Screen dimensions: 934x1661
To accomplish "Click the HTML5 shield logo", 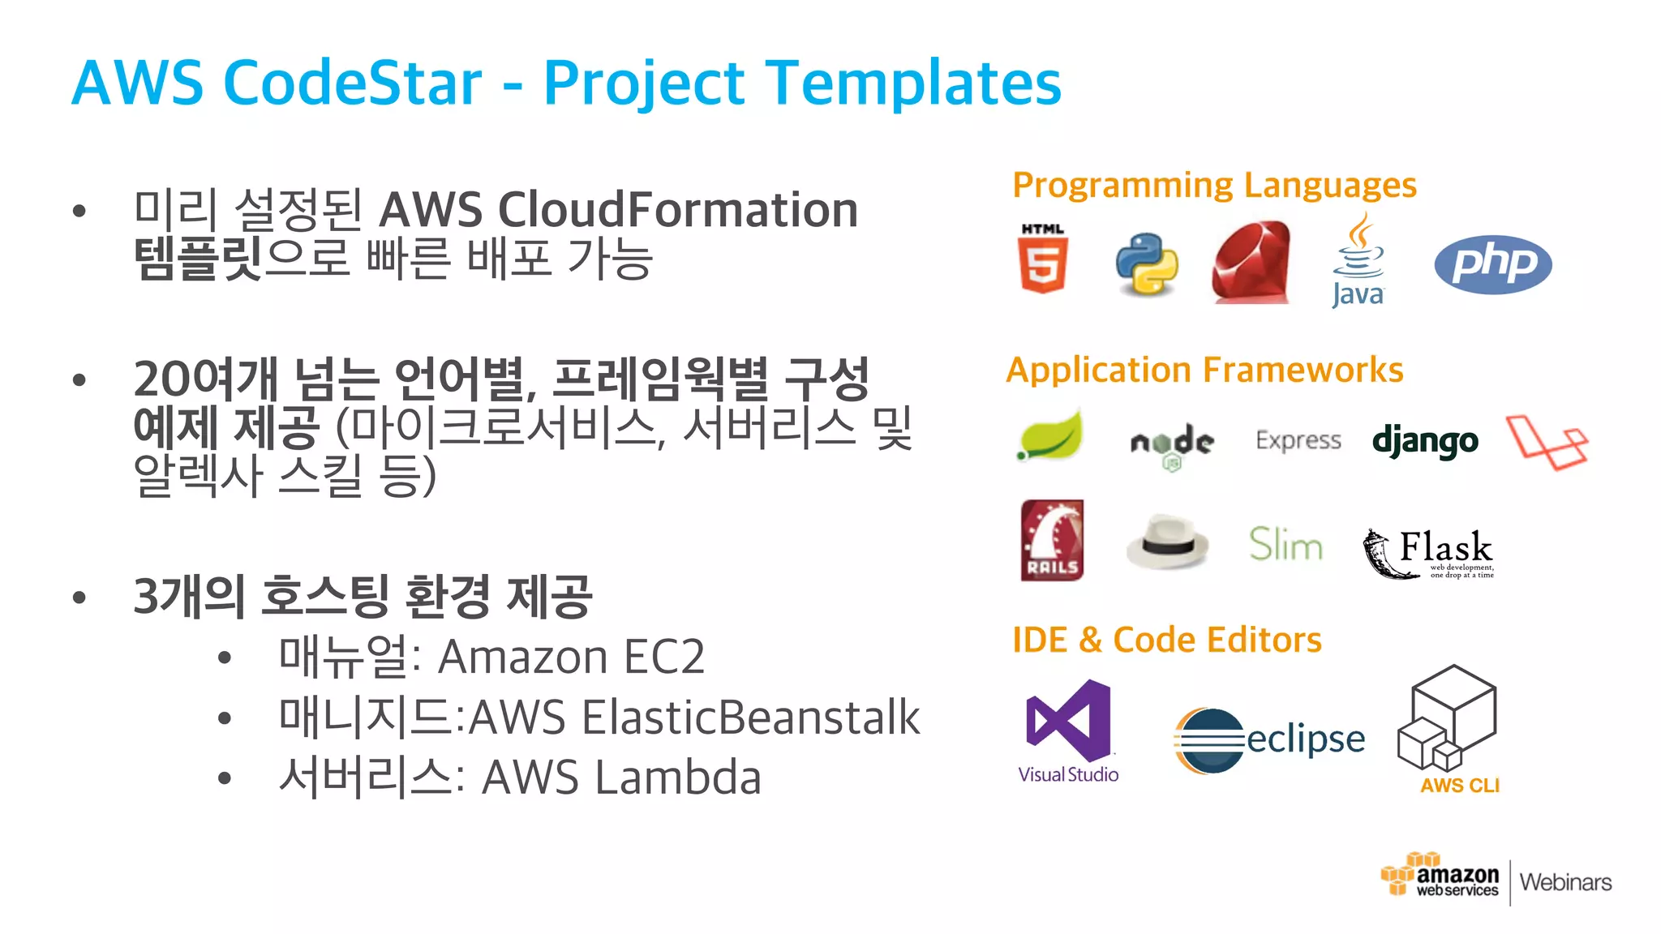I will [1042, 259].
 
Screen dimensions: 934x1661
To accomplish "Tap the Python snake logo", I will [1147, 264].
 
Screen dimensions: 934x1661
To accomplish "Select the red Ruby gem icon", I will [1251, 263].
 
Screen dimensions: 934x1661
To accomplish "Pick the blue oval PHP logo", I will [1492, 264].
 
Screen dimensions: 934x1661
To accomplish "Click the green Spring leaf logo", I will [1051, 436].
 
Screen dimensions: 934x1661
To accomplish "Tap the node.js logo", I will [1172, 444].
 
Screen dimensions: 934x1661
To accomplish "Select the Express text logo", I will [1298, 440].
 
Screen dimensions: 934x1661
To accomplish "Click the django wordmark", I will [1425, 442].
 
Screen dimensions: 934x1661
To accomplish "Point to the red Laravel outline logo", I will [1547, 443].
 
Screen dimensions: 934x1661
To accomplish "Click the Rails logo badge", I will [1052, 540].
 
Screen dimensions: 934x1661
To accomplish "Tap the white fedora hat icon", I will [1167, 542].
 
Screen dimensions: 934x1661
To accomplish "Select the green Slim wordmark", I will [1285, 544].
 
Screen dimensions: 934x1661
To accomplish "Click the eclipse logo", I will [1269, 739].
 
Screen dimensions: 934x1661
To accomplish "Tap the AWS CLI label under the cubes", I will [1459, 785].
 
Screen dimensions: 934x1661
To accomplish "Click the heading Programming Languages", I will [1214, 186].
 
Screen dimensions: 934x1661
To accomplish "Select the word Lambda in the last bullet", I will [678, 778].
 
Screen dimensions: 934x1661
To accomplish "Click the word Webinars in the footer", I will [1565, 882].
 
